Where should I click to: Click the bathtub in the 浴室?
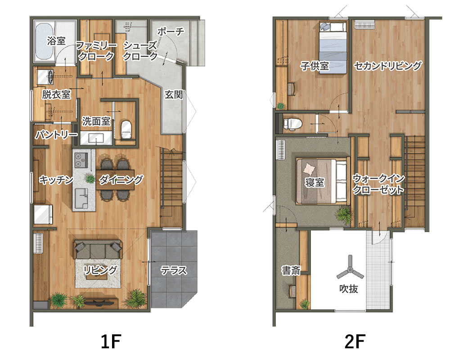pyautogui.click(x=45, y=41)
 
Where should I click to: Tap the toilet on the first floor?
pyautogui.click(x=126, y=129)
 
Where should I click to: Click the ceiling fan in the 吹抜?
pyautogui.click(x=350, y=269)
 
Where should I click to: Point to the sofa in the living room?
pyautogui.click(x=98, y=249)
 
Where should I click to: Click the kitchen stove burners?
pyautogui.click(x=81, y=160)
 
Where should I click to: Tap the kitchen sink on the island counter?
pyautogui.click(x=81, y=198)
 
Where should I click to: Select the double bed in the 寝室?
pyautogui.click(x=323, y=181)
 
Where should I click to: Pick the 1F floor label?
pyautogui.click(x=111, y=341)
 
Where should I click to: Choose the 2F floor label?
pyautogui.click(x=355, y=341)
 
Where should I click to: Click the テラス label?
pyautogui.click(x=174, y=270)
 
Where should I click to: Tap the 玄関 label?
pyautogui.click(x=174, y=94)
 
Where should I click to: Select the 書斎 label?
pyautogui.click(x=291, y=270)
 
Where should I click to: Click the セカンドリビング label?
pyautogui.click(x=388, y=66)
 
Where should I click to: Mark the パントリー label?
pyautogui.click(x=56, y=135)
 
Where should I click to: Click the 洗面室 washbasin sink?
pyautogui.click(x=96, y=138)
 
